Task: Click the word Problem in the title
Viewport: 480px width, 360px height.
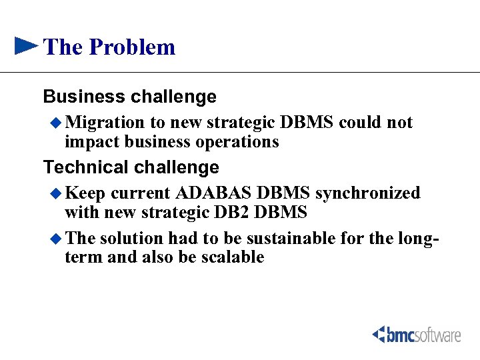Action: point(131,47)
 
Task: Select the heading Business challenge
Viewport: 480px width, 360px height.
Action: point(129,97)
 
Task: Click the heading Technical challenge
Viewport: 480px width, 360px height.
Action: point(131,167)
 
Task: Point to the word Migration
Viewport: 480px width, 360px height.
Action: point(105,123)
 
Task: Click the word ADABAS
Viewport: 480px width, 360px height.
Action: point(214,193)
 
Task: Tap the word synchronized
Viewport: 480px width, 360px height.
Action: point(367,193)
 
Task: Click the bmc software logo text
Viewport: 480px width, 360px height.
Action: point(424,334)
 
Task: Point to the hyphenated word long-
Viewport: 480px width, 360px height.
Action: point(421,238)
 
